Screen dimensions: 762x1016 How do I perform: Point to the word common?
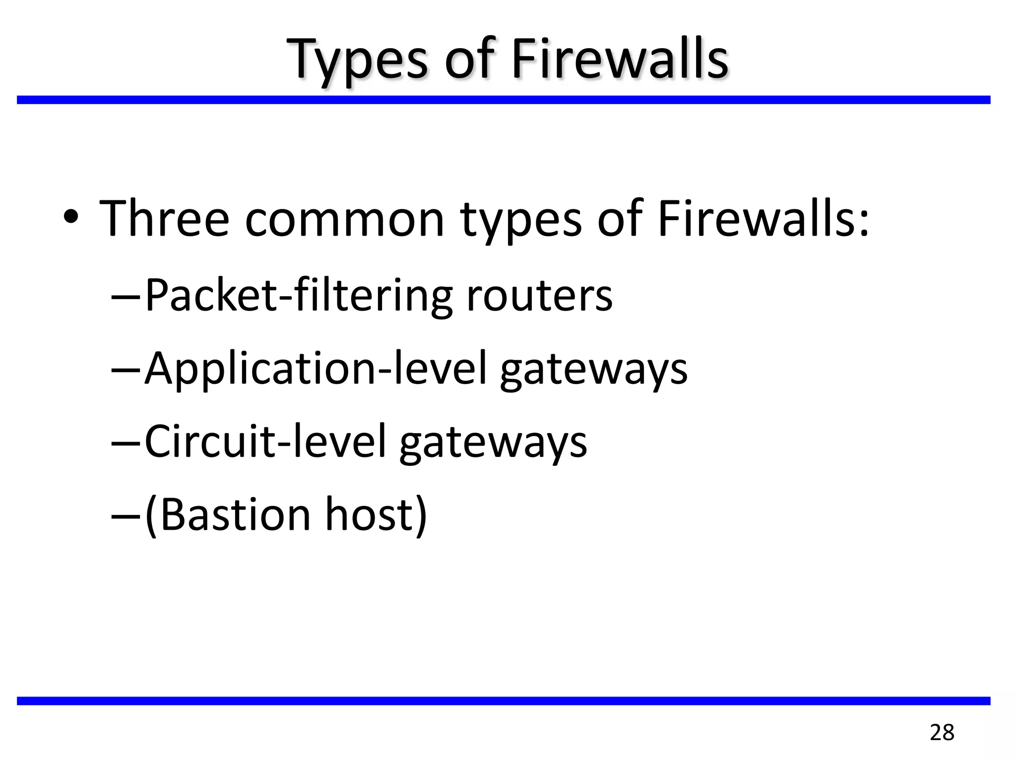click(345, 219)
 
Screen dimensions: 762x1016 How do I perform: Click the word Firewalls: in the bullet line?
click(763, 218)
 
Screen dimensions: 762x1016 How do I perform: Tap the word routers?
click(539, 296)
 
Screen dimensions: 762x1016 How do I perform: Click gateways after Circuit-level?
click(493, 443)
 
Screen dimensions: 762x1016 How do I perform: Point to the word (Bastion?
click(228, 514)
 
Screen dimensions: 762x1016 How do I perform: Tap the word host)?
click(376, 514)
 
